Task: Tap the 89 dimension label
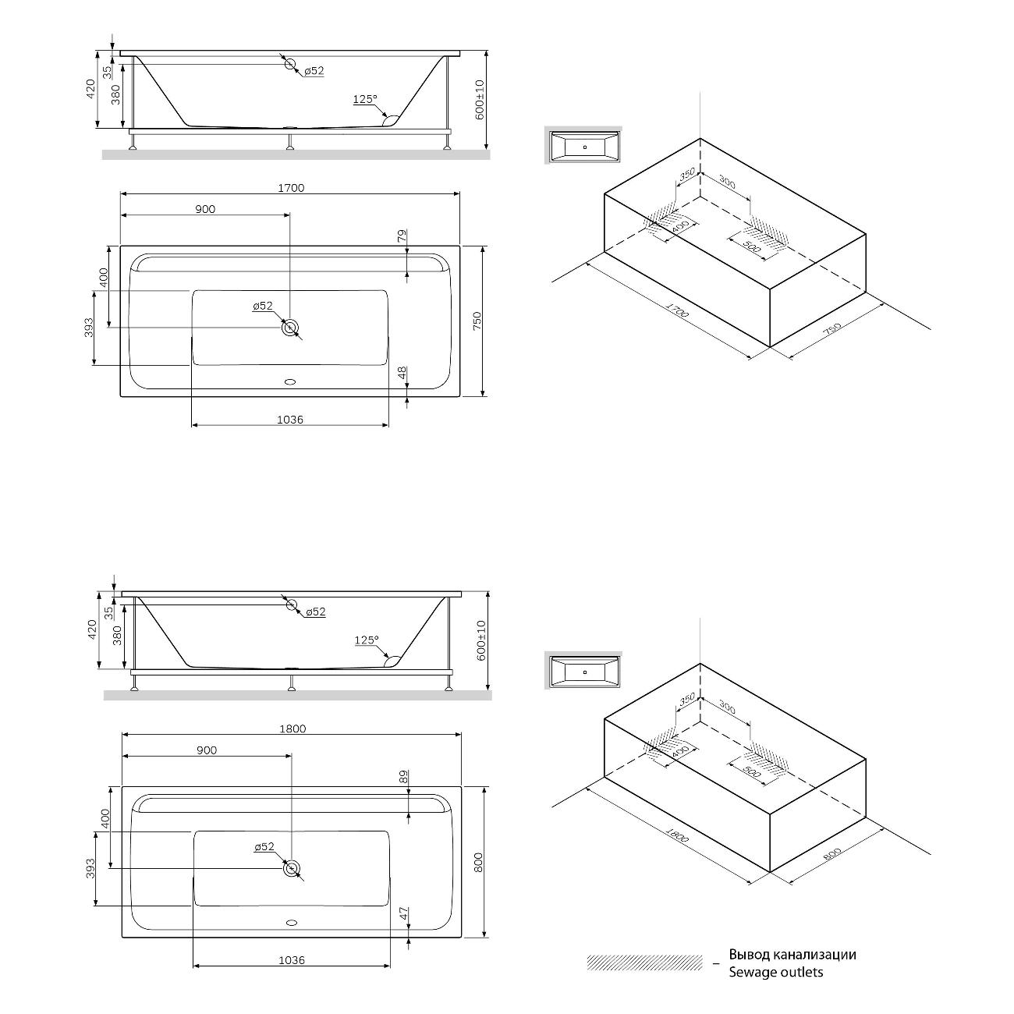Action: click(403, 777)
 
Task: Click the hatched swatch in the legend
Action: click(645, 963)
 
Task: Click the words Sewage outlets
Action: click(775, 972)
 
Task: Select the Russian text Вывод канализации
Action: click(792, 954)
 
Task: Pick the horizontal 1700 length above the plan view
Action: click(290, 188)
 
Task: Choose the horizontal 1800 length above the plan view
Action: click(292, 729)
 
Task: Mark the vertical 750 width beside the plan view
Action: click(477, 321)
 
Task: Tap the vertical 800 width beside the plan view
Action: click(479, 861)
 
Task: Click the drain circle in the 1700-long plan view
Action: click(290, 328)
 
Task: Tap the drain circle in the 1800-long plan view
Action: click(292, 868)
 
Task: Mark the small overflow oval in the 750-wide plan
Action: click(290, 382)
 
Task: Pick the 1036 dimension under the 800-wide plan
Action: click(291, 960)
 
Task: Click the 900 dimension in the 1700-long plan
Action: click(205, 209)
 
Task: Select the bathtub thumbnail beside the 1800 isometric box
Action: click(583, 671)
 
